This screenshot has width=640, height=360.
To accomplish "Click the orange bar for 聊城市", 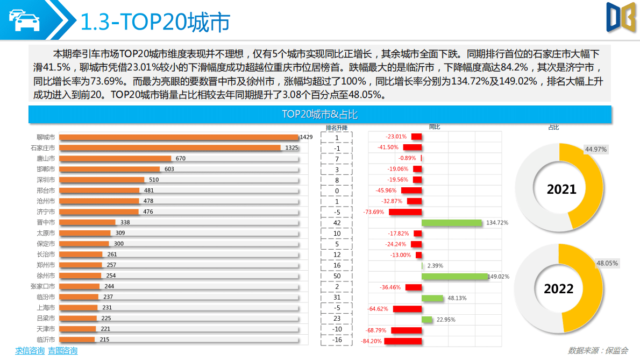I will click(179, 137).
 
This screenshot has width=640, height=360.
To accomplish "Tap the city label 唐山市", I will click(46, 159).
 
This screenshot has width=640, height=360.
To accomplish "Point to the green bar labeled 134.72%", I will click(451, 223).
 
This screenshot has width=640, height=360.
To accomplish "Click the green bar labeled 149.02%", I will click(454, 276).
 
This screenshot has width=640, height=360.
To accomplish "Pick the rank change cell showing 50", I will click(337, 276).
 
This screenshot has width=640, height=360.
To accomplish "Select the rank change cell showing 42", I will click(337, 223).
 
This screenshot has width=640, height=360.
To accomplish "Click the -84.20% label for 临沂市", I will click(372, 341).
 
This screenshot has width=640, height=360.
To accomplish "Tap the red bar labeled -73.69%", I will click(404, 212).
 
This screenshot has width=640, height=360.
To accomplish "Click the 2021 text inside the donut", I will click(561, 189).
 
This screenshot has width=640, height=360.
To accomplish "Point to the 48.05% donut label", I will click(607, 264).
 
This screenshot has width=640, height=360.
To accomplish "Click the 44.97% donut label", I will click(596, 149).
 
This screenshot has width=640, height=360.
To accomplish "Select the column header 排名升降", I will click(337, 128).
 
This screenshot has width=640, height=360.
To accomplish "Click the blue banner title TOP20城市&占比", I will click(319, 115).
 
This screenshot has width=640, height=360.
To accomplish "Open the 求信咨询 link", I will click(30, 351).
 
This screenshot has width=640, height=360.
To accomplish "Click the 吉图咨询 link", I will click(62, 351).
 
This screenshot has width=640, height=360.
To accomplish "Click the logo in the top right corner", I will click(621, 20).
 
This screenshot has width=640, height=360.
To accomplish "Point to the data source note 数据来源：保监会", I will click(598, 350).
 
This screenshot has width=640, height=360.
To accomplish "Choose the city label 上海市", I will click(46, 308).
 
